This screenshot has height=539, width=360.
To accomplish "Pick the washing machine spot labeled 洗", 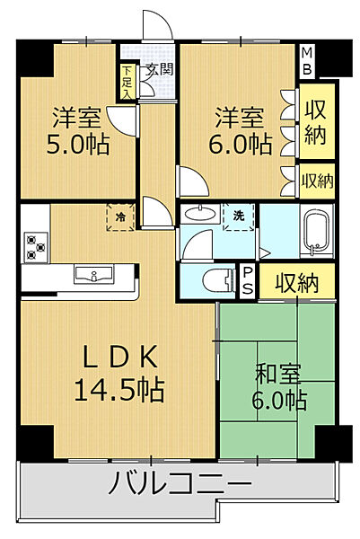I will (239, 217).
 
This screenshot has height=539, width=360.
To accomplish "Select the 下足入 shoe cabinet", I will (128, 80).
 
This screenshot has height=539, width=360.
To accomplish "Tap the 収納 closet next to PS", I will (296, 283).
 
